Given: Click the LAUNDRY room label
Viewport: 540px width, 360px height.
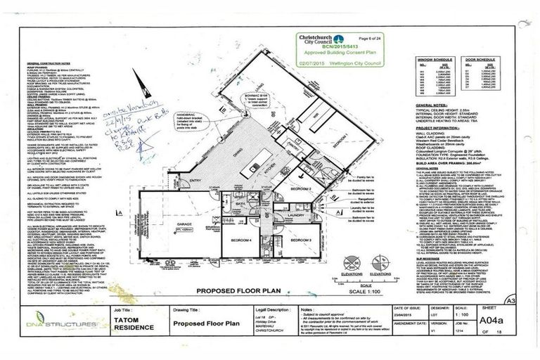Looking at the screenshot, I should click(x=295, y=215).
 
